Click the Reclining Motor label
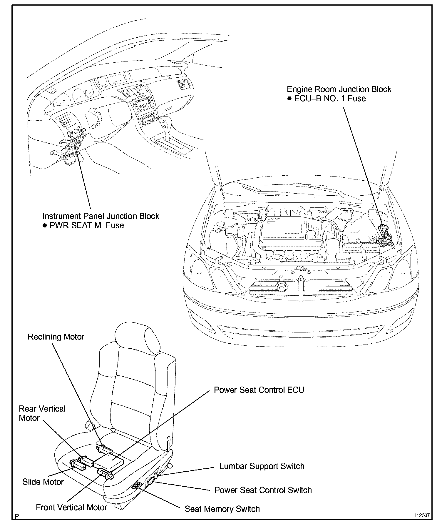click(x=56, y=337)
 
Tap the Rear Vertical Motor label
click(x=42, y=413)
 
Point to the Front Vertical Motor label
click(x=71, y=507)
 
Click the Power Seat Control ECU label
click(x=259, y=390)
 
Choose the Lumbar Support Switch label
click(x=262, y=466)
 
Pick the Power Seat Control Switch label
click(x=263, y=490)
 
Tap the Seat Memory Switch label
click(x=222, y=509)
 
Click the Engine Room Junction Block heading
click(x=339, y=89)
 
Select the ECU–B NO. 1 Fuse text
click(x=330, y=98)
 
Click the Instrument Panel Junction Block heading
click(x=101, y=216)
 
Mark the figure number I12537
click(x=422, y=515)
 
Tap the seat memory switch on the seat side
click(x=137, y=486)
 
